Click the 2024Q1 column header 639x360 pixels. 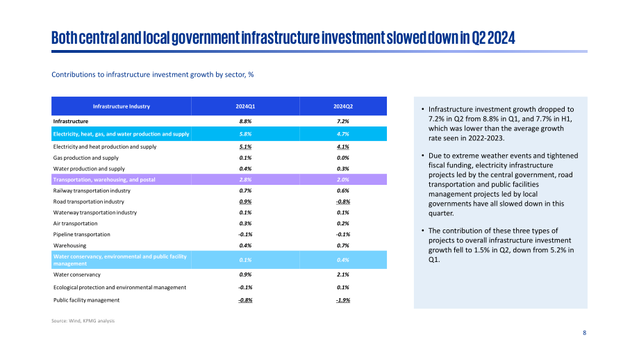(x=245, y=106)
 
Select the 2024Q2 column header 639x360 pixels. (x=343, y=106)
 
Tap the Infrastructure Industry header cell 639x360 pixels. (x=122, y=106)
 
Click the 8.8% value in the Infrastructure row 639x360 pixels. (x=245, y=121)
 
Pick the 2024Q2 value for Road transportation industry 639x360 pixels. (x=343, y=202)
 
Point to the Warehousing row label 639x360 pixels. (x=69, y=245)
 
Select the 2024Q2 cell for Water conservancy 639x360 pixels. (x=343, y=275)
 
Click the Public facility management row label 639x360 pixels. (x=86, y=300)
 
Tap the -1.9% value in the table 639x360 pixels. (x=343, y=300)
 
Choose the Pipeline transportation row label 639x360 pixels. (x=81, y=234)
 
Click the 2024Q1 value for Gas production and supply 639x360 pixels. (x=245, y=158)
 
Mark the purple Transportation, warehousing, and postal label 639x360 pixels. (x=104, y=179)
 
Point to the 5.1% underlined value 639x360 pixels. (x=245, y=147)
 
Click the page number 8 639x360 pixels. (x=584, y=333)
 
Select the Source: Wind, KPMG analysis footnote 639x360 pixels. (x=83, y=321)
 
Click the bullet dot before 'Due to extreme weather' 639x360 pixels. (x=423, y=156)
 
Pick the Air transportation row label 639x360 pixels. (x=76, y=223)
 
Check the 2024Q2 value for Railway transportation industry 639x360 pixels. (x=343, y=190)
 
